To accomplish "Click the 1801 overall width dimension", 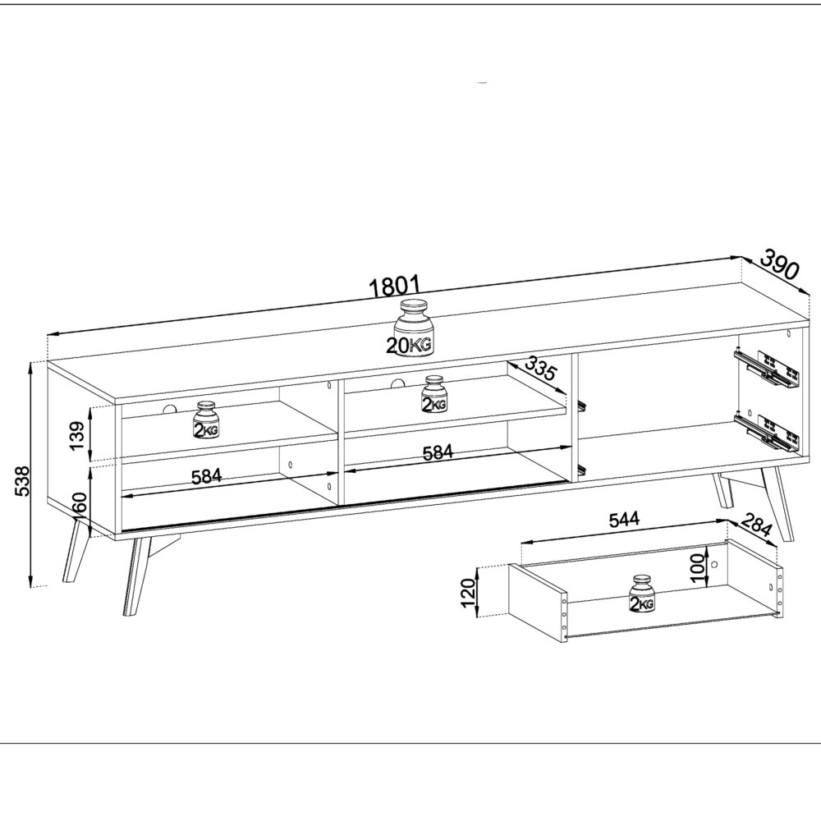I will [x=395, y=287].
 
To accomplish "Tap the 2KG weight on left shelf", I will [x=204, y=420].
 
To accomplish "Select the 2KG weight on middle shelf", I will [x=434, y=396].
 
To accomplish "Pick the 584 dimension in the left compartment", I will [x=205, y=477].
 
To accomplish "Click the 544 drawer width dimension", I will [x=624, y=520].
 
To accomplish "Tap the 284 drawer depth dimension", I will [x=756, y=525].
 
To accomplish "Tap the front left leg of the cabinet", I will [x=131, y=575].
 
